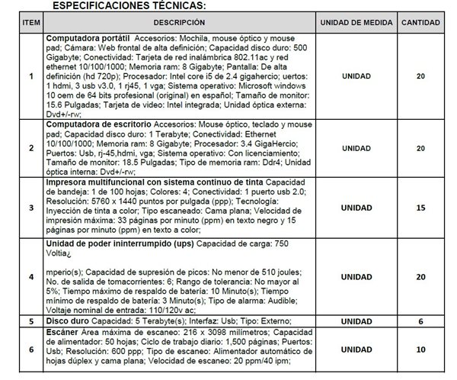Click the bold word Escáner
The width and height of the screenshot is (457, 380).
click(x=64, y=333)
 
